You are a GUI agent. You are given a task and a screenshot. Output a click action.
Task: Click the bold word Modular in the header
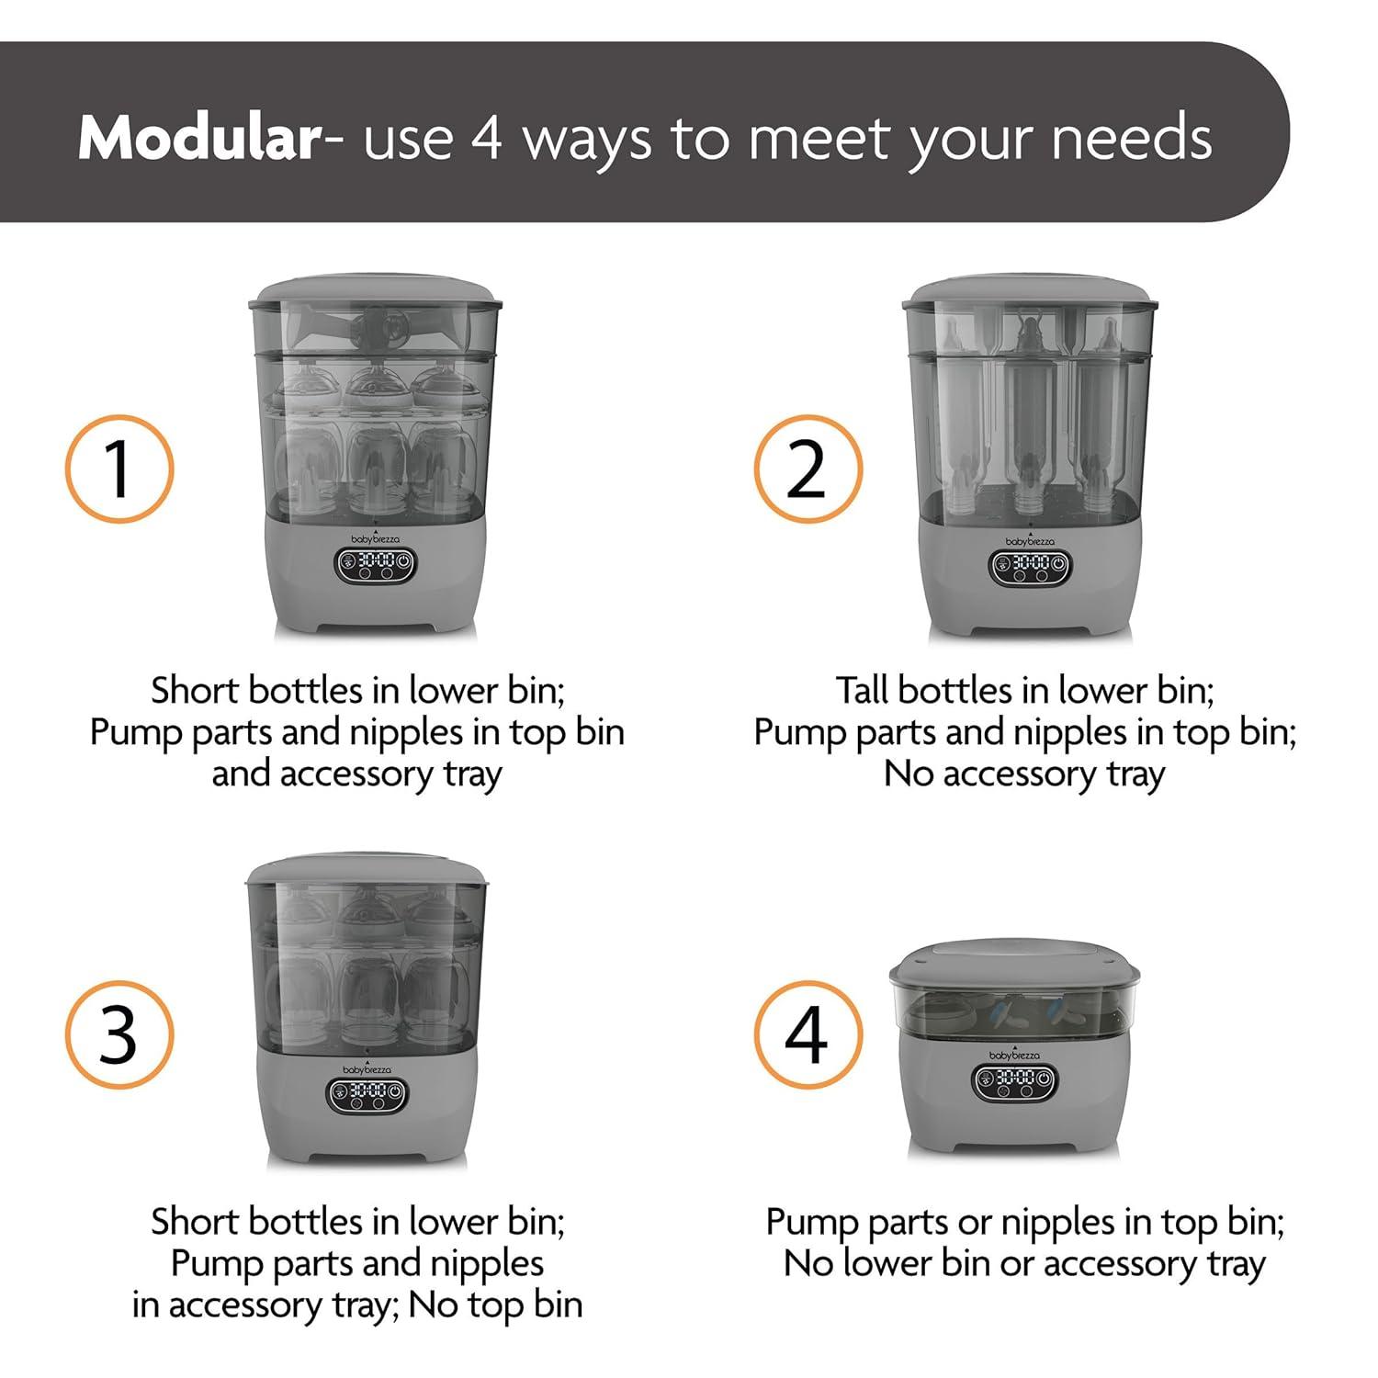click(x=198, y=138)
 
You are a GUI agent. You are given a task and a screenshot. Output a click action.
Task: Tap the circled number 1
click(x=119, y=469)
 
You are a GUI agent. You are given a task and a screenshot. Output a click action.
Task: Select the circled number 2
click(x=808, y=469)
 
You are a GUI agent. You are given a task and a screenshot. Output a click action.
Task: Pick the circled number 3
click(x=119, y=1035)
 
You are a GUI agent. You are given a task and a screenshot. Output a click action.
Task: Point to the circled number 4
click(x=808, y=1035)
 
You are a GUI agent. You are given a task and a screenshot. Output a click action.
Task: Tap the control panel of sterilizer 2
click(x=1031, y=567)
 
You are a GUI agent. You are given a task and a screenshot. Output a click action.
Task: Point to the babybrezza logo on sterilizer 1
click(x=377, y=539)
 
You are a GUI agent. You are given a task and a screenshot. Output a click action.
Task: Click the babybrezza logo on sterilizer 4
click(x=1015, y=1055)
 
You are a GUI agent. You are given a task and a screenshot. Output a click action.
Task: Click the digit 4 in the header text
click(x=487, y=140)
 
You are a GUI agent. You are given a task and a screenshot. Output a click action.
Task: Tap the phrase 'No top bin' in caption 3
click(x=495, y=1305)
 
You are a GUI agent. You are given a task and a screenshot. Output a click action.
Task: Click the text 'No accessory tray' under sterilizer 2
click(x=1024, y=774)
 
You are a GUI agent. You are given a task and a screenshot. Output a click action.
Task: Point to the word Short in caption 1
click(x=196, y=690)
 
